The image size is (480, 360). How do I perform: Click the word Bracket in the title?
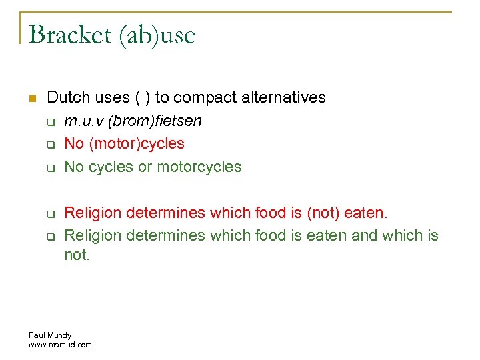click(70, 35)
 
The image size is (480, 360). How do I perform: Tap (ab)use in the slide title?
click(157, 35)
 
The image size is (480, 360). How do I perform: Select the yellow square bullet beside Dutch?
click(32, 99)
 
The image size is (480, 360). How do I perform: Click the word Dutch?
click(69, 97)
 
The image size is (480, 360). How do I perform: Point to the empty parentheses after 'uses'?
click(142, 97)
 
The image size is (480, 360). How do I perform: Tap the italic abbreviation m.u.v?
click(83, 121)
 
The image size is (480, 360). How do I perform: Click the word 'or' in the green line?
click(145, 166)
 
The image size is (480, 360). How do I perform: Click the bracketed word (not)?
click(323, 213)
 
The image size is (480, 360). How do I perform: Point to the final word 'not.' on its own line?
click(77, 255)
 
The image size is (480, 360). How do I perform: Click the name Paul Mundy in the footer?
click(50, 335)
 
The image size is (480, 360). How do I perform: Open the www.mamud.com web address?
click(60, 345)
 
